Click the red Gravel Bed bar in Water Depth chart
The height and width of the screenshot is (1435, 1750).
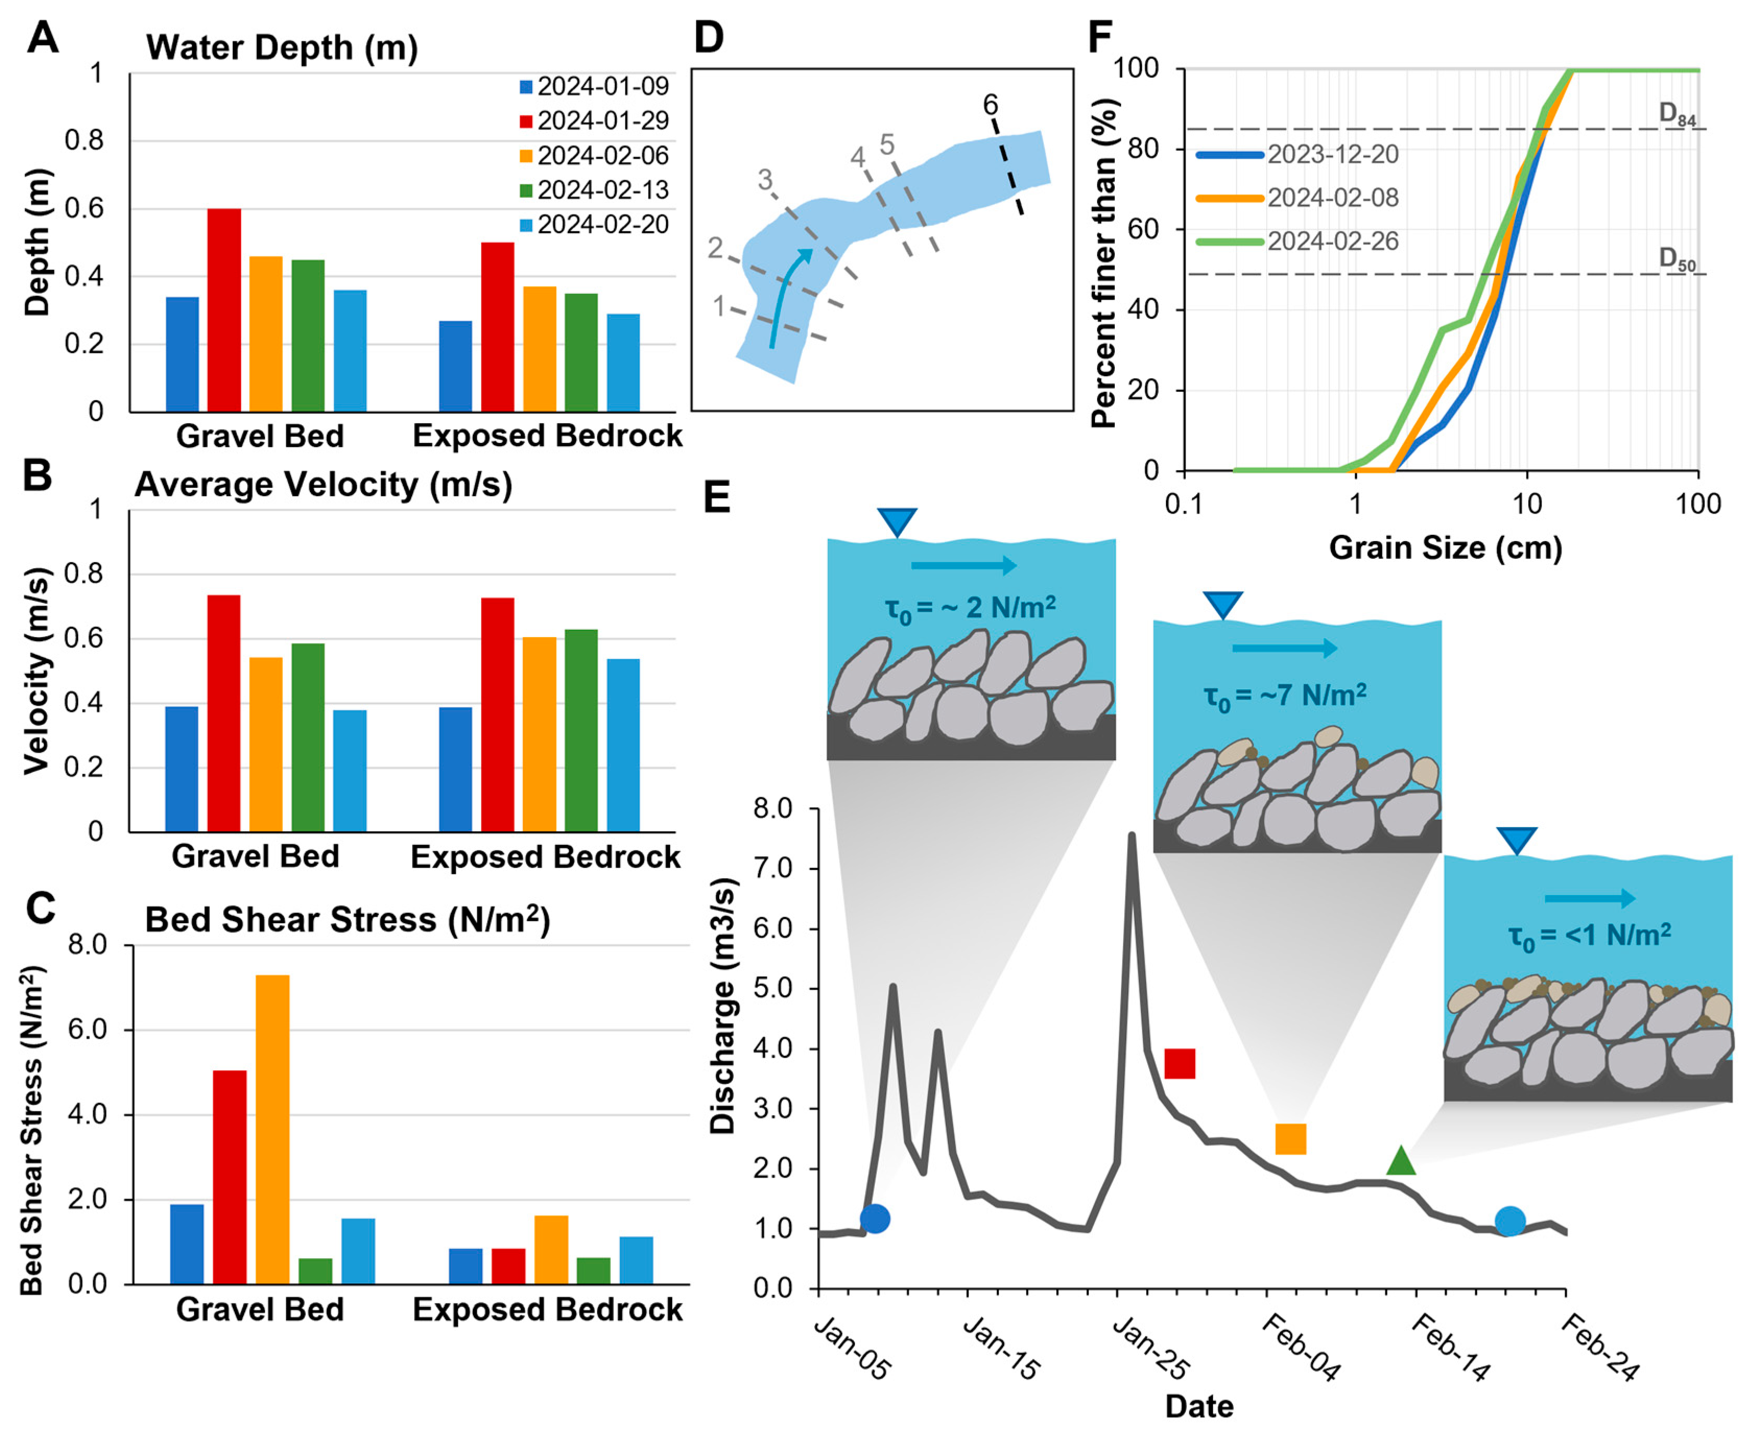point(224,310)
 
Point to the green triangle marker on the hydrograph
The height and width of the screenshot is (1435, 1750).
point(1400,1162)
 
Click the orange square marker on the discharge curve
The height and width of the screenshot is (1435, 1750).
point(1290,1139)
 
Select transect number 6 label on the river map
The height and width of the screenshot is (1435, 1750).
point(990,105)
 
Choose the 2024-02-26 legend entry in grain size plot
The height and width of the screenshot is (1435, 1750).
point(1332,242)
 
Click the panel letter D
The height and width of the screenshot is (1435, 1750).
point(708,38)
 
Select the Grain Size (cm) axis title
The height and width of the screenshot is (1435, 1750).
point(1445,547)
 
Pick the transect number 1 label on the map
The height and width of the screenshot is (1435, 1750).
point(719,307)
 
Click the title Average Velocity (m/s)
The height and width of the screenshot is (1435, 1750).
point(323,484)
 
